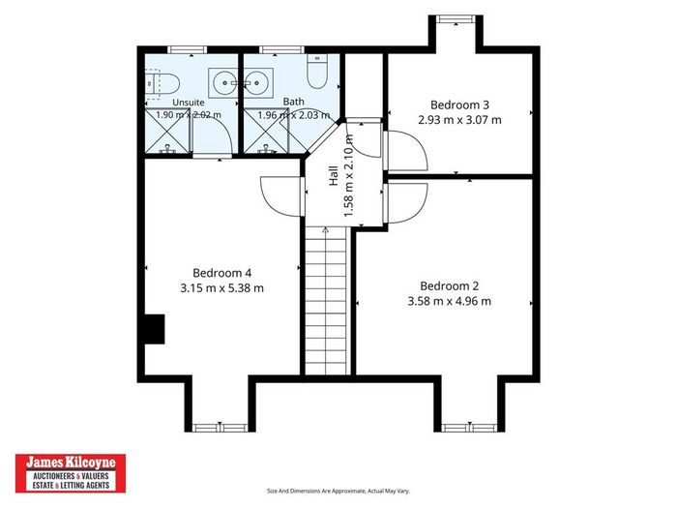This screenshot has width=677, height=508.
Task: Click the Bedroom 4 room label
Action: pyautogui.click(x=221, y=273)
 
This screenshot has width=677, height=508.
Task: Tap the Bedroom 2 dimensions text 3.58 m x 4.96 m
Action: pyautogui.click(x=450, y=301)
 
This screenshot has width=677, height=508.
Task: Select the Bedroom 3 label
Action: pyautogui.click(x=459, y=105)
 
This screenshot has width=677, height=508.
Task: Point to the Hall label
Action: pyautogui.click(x=334, y=176)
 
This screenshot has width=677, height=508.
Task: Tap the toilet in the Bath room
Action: pyautogui.click(x=317, y=72)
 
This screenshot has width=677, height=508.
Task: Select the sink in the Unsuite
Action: pyautogui.click(x=223, y=82)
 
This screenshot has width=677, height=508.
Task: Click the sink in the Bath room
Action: pyautogui.click(x=258, y=82)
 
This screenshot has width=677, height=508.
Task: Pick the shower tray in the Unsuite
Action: pyautogui.click(x=167, y=131)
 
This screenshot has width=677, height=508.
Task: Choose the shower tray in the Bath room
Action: pyautogui.click(x=266, y=131)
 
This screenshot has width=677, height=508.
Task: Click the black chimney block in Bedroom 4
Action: pyautogui.click(x=155, y=329)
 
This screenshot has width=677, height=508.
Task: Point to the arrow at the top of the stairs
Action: pyautogui.click(x=326, y=230)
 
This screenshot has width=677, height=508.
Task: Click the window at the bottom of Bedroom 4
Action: pyautogui.click(x=220, y=428)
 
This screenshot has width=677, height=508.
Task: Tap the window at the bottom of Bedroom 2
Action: pyautogui.click(x=469, y=428)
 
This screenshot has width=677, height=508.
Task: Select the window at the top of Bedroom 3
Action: pyautogui.click(x=456, y=19)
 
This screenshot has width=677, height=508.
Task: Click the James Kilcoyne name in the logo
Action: pyautogui.click(x=71, y=463)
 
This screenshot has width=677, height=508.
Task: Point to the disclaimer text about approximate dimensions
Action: pyautogui.click(x=338, y=491)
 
